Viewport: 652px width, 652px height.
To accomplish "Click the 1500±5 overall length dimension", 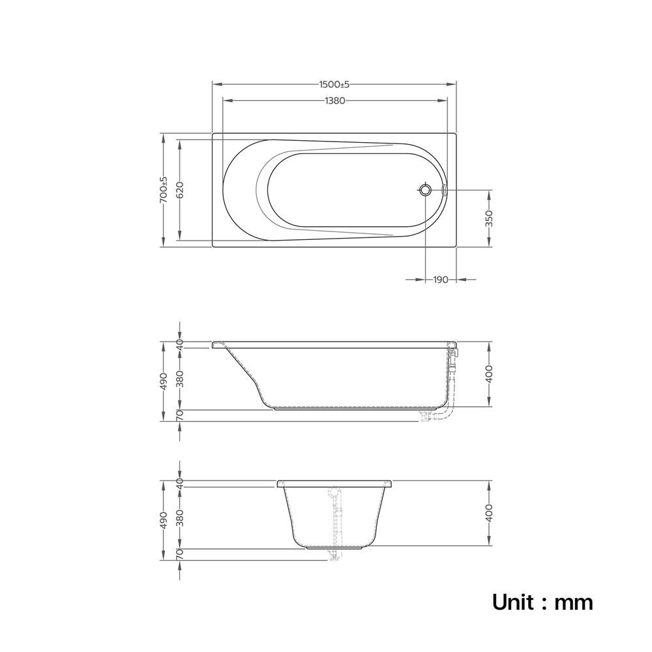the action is point(334,84).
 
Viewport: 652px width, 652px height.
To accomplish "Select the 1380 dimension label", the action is point(334,100).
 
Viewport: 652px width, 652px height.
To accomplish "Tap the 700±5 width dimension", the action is point(164,190).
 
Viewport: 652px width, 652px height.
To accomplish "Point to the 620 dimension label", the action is point(180,190).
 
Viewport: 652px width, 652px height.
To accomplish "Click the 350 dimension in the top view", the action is point(489,218).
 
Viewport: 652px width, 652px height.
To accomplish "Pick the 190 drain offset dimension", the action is point(441,280).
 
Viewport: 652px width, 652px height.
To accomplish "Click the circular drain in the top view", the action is point(425,190).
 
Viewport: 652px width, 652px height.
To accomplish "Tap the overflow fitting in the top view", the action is point(443,190).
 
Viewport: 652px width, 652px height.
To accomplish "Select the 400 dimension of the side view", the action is point(489,374).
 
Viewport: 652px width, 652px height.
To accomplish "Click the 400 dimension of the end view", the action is point(489,512).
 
